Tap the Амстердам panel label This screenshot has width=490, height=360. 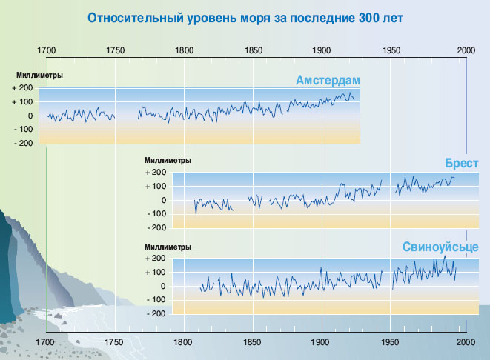pos(327,80)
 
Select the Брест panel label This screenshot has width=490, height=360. pos(461,164)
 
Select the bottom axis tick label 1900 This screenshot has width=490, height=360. pos(320,342)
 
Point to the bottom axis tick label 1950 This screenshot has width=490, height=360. pos(391,342)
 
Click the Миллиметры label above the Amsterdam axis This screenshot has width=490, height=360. pos(39,76)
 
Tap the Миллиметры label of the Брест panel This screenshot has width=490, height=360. pos(168,160)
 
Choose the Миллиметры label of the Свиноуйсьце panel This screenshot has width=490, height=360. pos(168,247)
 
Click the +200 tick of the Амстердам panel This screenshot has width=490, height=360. pos(22,88)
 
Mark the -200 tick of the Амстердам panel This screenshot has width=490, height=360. pos(22,144)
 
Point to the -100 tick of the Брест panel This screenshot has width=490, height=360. pos(155,214)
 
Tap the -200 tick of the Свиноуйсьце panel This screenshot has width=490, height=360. pos(155,313)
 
